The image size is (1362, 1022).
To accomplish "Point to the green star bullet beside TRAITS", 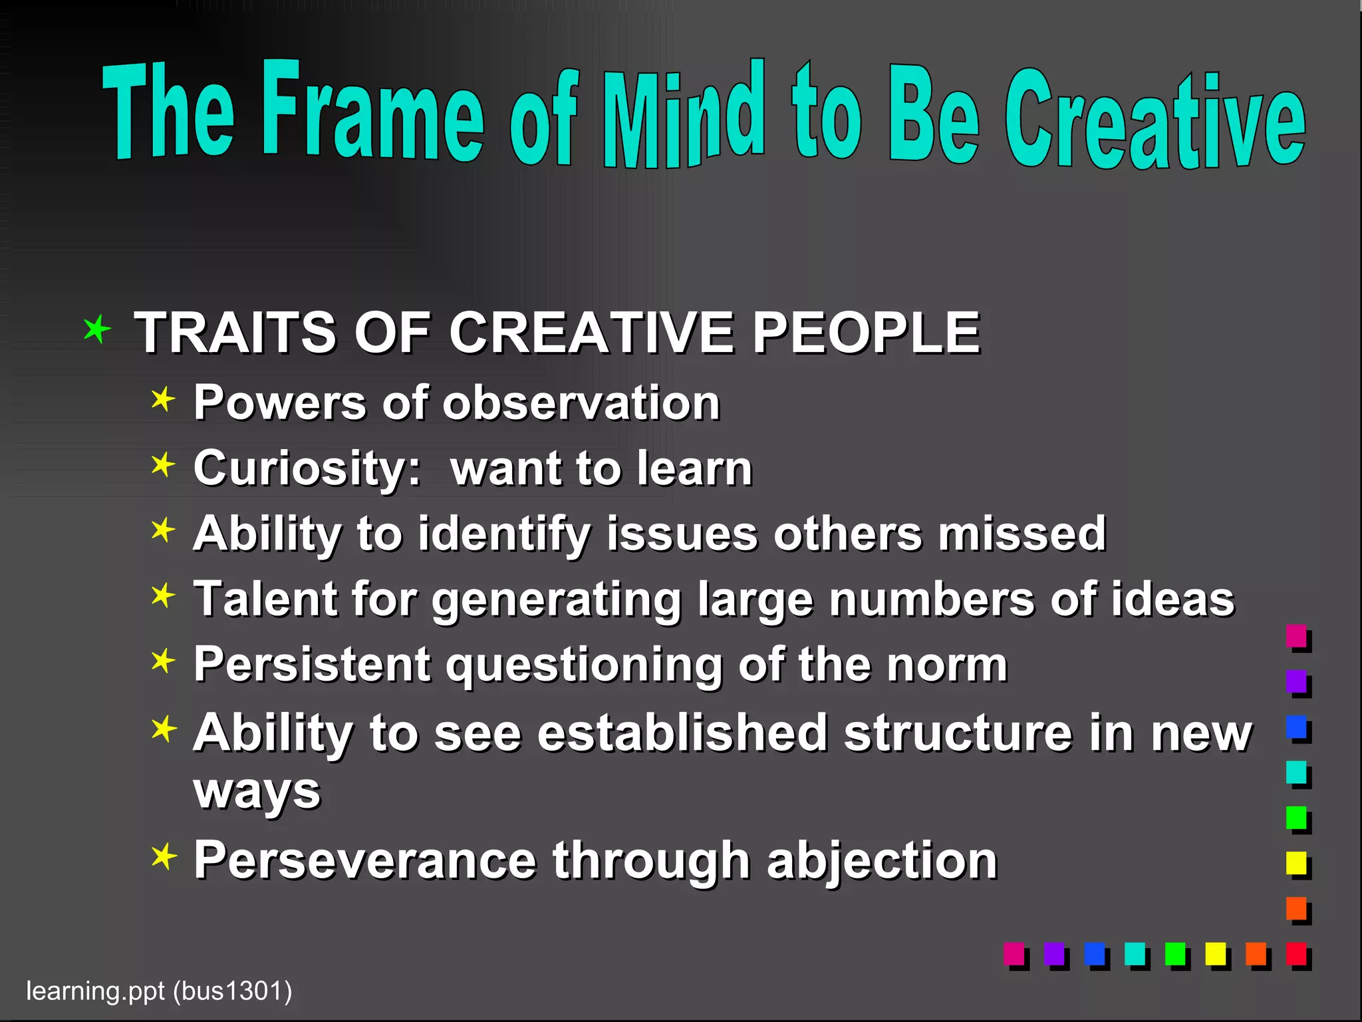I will click(97, 329).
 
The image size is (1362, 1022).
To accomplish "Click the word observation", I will click(581, 403).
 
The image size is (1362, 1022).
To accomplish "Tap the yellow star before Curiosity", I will click(163, 465).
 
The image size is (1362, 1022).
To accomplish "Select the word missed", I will click(1021, 534).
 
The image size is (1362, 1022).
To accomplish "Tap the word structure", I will click(958, 733).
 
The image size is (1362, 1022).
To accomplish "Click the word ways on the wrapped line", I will click(257, 792).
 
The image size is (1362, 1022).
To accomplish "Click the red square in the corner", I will click(1296, 953).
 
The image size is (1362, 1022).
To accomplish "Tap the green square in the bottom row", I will click(1175, 953).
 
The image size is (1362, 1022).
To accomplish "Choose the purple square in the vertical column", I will click(1296, 681).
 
